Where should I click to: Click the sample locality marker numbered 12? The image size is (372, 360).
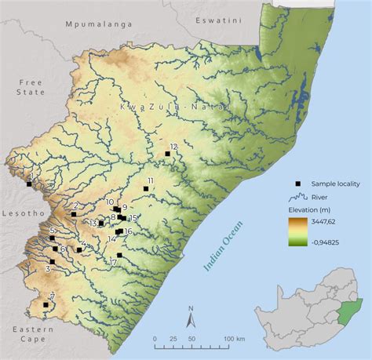(167, 154)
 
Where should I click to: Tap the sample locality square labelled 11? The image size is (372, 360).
(145, 188)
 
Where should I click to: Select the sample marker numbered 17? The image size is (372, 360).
(119, 255)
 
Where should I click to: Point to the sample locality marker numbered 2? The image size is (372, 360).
(73, 213)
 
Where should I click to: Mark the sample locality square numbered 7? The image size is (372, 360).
(46, 304)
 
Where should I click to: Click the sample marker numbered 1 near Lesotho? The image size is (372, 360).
(29, 184)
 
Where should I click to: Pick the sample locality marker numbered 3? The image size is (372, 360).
(53, 261)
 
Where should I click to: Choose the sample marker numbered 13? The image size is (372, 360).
(100, 224)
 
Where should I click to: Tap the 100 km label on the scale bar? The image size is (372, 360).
(235, 338)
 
